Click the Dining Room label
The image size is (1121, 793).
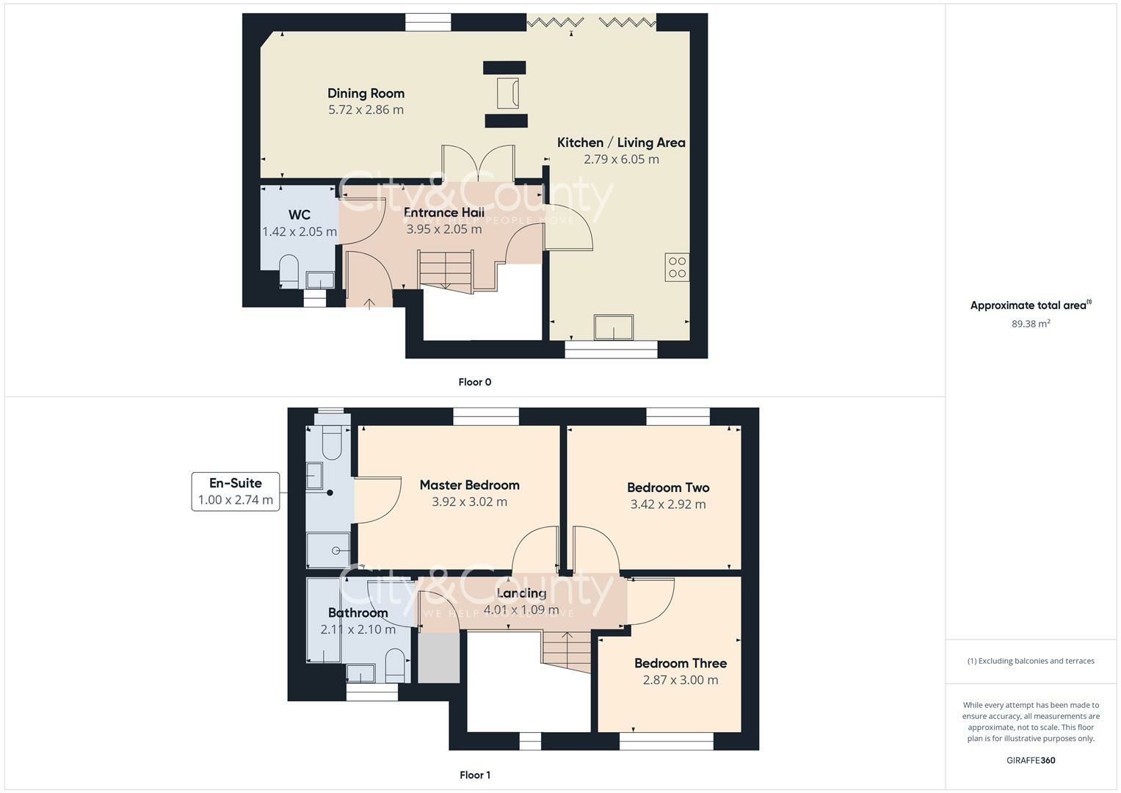point(366,93)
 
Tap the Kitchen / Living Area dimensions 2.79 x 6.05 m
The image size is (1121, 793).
point(621,159)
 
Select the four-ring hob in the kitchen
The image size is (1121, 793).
point(677,267)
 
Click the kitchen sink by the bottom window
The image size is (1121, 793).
point(614,327)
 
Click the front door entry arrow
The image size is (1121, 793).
point(369,302)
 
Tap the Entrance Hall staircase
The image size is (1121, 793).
point(445,270)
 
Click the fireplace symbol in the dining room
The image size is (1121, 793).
point(507,93)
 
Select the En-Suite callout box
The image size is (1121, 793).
point(236,492)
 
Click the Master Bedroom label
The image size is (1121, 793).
point(469,485)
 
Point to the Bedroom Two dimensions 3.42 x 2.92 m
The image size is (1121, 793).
point(668,504)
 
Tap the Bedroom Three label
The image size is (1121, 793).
point(681,663)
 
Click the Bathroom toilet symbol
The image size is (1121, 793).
point(396,665)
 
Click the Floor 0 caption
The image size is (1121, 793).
point(474,382)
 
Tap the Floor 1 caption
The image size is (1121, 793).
point(474,775)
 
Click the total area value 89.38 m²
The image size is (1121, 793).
point(1031,324)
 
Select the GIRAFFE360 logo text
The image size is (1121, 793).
point(1031,761)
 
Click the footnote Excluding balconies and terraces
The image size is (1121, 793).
point(1031,661)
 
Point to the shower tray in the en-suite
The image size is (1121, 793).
point(327,550)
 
